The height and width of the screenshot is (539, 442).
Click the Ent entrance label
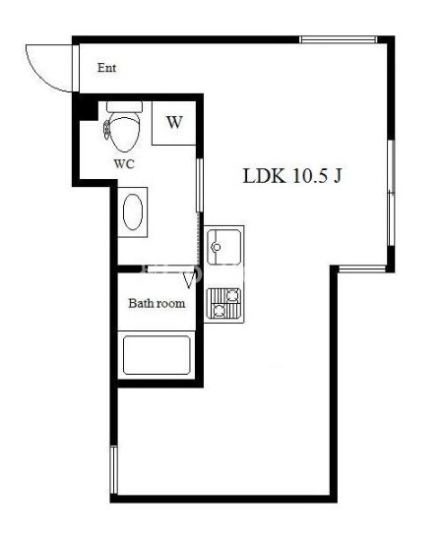click(106, 68)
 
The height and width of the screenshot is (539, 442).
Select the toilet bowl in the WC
click(124, 134)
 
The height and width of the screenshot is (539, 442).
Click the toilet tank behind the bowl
click(124, 106)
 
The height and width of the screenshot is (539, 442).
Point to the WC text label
click(124, 164)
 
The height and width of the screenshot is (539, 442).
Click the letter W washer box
click(174, 123)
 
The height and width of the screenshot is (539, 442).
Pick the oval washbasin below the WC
click(133, 212)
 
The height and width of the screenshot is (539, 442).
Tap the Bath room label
click(157, 303)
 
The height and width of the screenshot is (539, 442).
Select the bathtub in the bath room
click(157, 355)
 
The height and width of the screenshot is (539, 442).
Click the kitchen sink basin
click(223, 247)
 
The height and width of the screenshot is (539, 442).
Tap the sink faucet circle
click(217, 247)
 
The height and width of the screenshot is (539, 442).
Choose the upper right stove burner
click(233, 295)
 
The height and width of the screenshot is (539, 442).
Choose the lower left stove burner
click(219, 311)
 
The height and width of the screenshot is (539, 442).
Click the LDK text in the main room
click(264, 176)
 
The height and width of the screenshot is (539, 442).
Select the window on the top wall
click(339, 39)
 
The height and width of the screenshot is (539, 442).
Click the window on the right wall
click(391, 193)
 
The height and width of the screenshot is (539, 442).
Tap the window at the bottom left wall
click(114, 470)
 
